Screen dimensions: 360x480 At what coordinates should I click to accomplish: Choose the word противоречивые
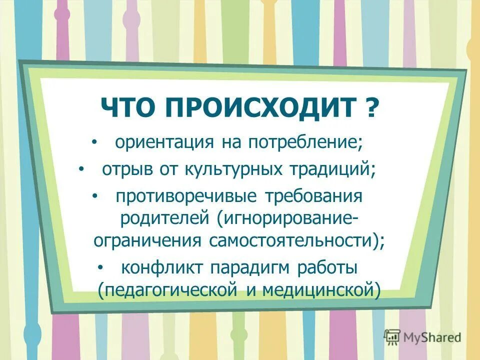click(183, 195)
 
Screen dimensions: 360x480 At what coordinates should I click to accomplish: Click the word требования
click(310, 195)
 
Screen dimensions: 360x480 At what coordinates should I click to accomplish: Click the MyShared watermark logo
click(423, 336)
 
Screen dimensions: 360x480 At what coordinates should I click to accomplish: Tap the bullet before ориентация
click(95, 143)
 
